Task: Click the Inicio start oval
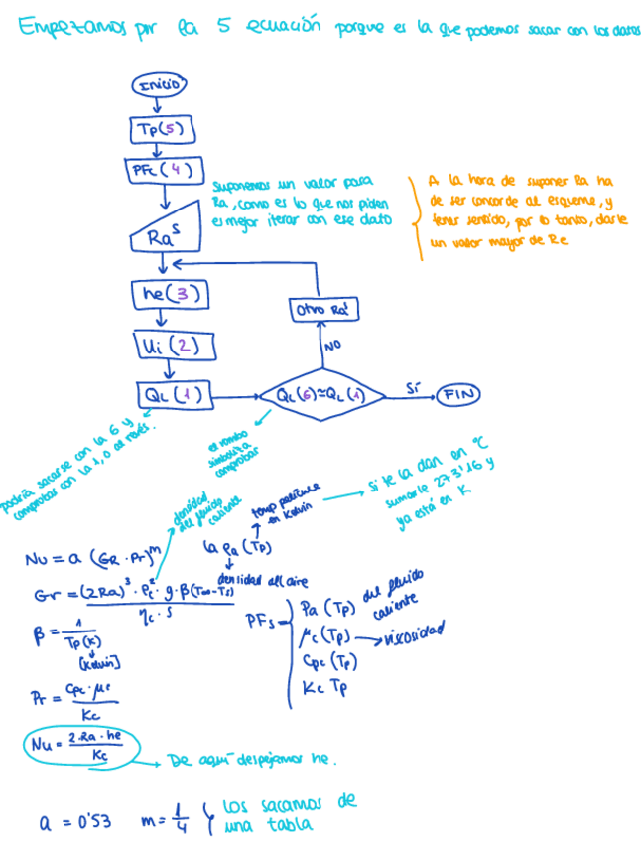coord(160,85)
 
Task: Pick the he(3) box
coord(170,294)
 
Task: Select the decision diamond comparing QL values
coord(321,395)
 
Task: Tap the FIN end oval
coord(458,394)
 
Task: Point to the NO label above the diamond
coord(333,348)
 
